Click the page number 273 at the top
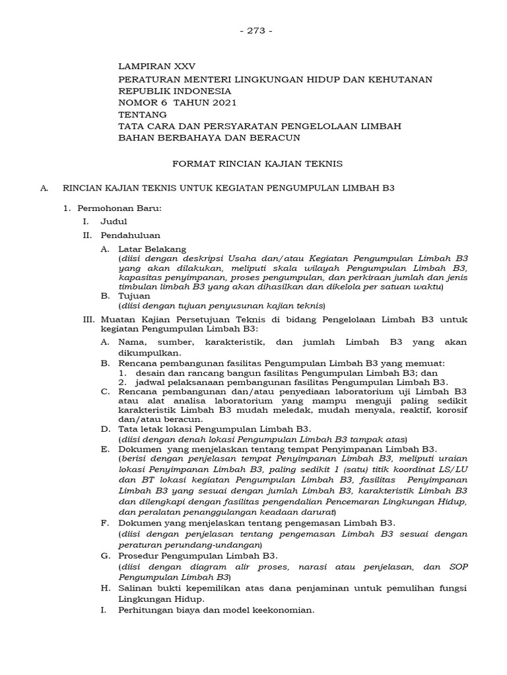253,32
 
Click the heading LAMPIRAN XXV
156,67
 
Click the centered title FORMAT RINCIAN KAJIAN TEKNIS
253,162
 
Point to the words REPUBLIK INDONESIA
174,91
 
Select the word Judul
114,221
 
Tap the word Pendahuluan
130,235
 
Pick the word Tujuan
134,297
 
